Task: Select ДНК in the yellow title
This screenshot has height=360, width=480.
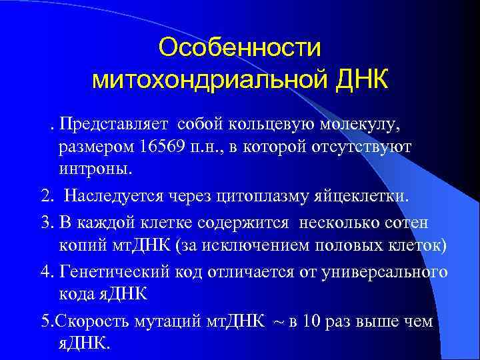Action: coord(365,81)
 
